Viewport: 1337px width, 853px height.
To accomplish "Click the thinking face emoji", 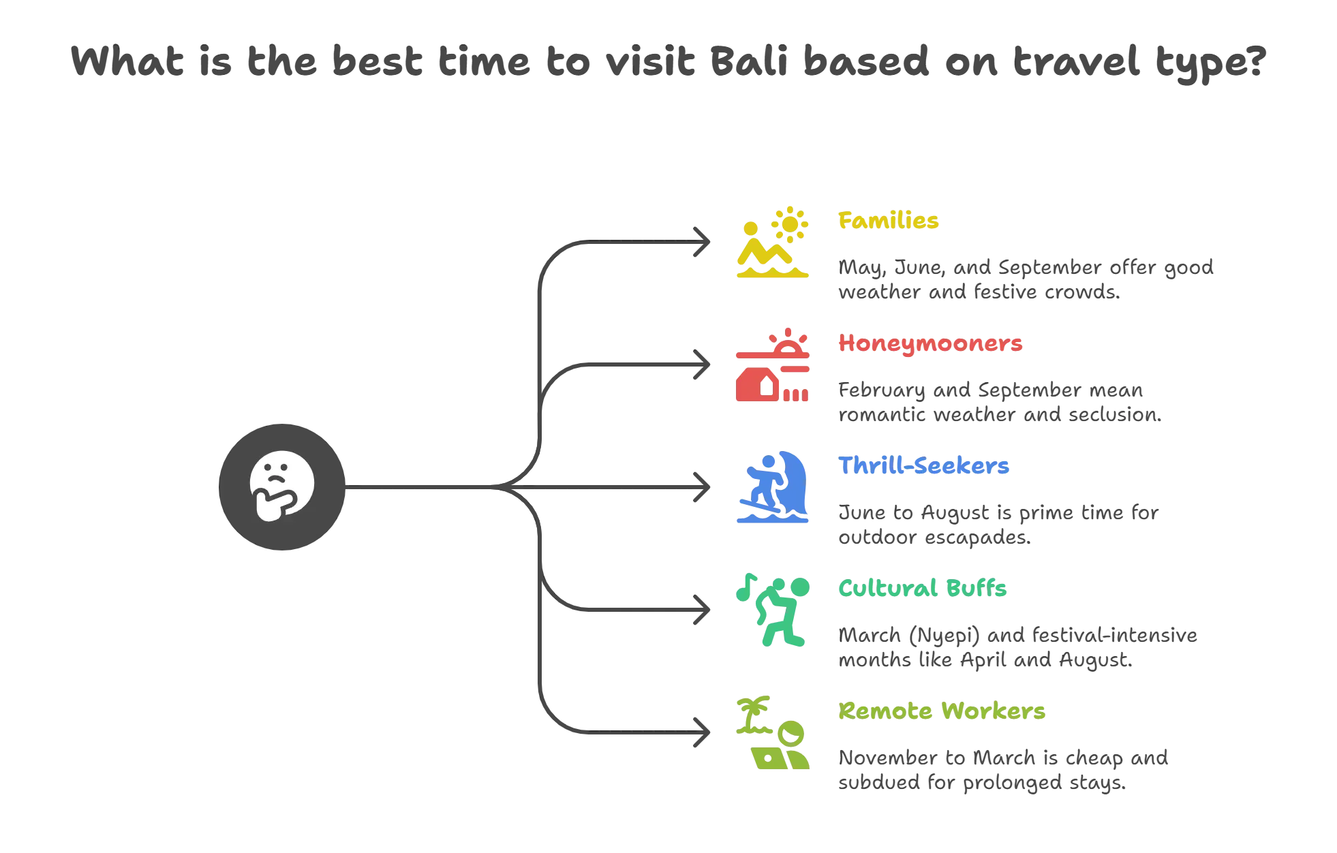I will tap(282, 486).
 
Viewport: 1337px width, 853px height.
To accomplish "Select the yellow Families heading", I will tap(889, 221).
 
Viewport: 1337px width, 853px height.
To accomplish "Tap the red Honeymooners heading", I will tap(930, 343).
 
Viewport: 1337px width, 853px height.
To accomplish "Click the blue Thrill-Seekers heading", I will tap(924, 466).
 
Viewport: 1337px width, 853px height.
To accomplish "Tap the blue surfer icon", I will tap(773, 485).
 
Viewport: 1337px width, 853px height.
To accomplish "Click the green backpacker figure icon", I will tap(780, 613).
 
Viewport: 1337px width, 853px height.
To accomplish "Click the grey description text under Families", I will tap(1025, 279).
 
